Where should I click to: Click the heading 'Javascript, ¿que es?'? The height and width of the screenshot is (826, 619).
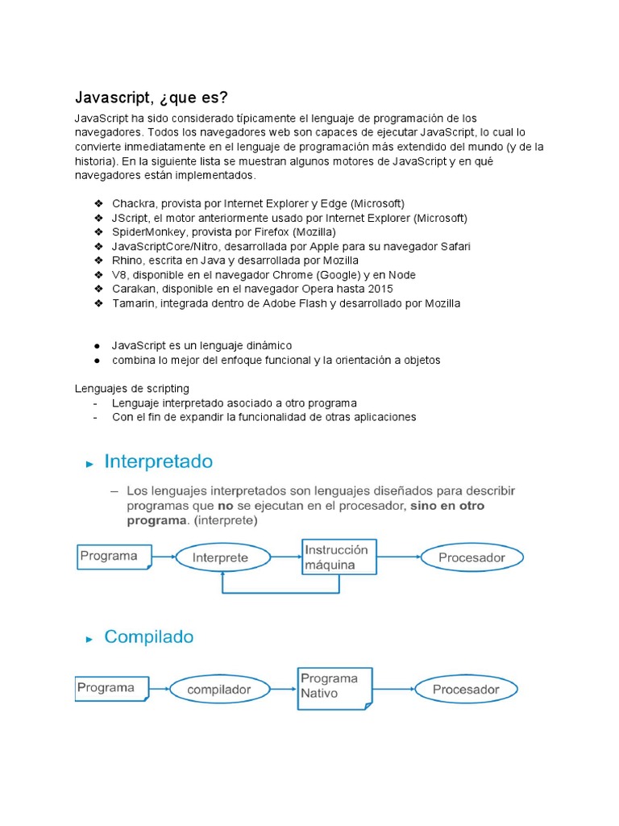(152, 98)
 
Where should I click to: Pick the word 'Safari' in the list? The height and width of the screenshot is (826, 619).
(453, 246)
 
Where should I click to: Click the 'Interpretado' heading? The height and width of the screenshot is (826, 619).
(159, 462)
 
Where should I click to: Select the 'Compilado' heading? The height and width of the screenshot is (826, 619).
(149, 637)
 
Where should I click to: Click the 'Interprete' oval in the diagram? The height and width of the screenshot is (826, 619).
(222, 557)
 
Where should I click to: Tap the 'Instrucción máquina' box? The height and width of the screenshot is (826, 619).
(339, 557)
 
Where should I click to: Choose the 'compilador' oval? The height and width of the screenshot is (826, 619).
(218, 690)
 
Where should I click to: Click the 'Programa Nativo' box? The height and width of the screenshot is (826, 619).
(334, 686)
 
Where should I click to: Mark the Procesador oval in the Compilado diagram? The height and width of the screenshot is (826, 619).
(466, 690)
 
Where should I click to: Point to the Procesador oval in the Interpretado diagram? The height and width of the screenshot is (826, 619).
(472, 557)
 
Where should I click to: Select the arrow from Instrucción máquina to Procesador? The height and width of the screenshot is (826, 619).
(398, 557)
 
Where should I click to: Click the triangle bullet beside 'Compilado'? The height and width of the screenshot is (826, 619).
(89, 639)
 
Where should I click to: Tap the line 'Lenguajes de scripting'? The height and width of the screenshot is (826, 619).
(132, 389)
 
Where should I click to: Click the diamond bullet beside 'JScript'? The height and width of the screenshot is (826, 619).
(98, 218)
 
